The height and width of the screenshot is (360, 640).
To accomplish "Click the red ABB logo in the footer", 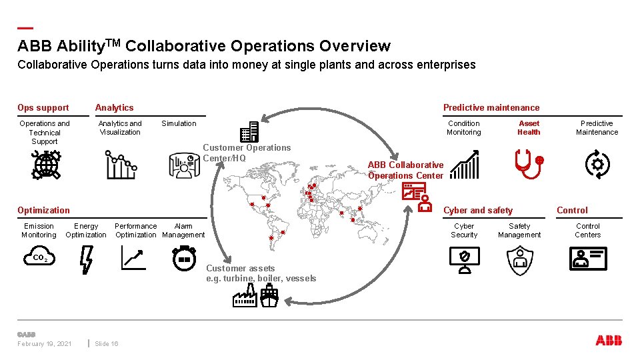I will coord(609,341).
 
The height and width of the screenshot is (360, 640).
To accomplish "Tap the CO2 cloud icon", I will coord(39,258).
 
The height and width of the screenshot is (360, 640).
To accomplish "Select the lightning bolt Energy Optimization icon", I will coord(86,260).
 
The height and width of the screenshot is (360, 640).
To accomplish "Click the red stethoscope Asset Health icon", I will coord(530,164).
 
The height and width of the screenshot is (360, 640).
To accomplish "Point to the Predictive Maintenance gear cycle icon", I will coord(597,164).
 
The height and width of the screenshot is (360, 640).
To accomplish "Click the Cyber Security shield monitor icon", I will coord(465,261).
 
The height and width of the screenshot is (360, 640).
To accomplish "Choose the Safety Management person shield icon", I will coord(520,261).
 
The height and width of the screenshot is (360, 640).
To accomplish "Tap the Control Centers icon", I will coord(588,259).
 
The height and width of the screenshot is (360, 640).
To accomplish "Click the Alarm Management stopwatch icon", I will coord(183,259).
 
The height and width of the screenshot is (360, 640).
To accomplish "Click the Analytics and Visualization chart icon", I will coord(121,165).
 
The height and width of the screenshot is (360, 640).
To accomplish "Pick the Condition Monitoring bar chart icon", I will coord(464,165).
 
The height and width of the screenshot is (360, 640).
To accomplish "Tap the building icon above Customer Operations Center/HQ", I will coord(249,132).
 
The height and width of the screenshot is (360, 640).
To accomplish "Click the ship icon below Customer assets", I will coord(269,295).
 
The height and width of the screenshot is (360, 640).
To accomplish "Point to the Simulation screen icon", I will coord(185,163).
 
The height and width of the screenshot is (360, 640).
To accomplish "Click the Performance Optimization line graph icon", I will coord(133,258).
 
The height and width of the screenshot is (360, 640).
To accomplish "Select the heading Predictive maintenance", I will coord(491,107).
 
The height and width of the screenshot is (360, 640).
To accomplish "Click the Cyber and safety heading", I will coord(478,210).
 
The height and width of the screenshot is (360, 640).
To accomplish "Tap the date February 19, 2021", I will coord(45,344).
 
